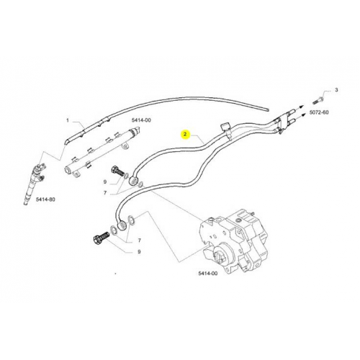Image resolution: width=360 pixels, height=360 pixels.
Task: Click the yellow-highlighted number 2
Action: (x=185, y=135)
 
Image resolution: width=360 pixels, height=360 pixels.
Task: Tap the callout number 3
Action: (x=336, y=90)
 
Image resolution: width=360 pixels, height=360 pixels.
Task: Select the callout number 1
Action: (x=68, y=120)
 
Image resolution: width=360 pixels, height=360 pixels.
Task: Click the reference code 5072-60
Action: (x=319, y=112)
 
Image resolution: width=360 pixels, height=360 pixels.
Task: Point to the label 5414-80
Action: (x=45, y=199)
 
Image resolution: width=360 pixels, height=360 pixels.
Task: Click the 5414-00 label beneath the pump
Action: (x=208, y=274)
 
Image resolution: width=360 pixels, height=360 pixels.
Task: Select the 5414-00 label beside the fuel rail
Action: (x=141, y=120)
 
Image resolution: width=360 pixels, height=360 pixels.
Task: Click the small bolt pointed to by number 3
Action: (x=318, y=100)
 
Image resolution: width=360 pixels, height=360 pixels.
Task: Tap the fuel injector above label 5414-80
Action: (x=33, y=183)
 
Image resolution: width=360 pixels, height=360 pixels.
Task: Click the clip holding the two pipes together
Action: (x=226, y=131)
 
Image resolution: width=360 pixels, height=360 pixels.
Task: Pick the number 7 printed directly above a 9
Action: (x=140, y=240)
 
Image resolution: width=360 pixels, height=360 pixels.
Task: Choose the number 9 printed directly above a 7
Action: (x=105, y=182)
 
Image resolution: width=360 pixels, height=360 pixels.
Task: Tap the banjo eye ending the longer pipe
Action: (x=122, y=226)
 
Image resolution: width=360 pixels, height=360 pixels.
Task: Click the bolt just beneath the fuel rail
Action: (x=117, y=171)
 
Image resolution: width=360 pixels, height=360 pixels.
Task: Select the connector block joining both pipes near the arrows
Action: (x=282, y=122)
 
